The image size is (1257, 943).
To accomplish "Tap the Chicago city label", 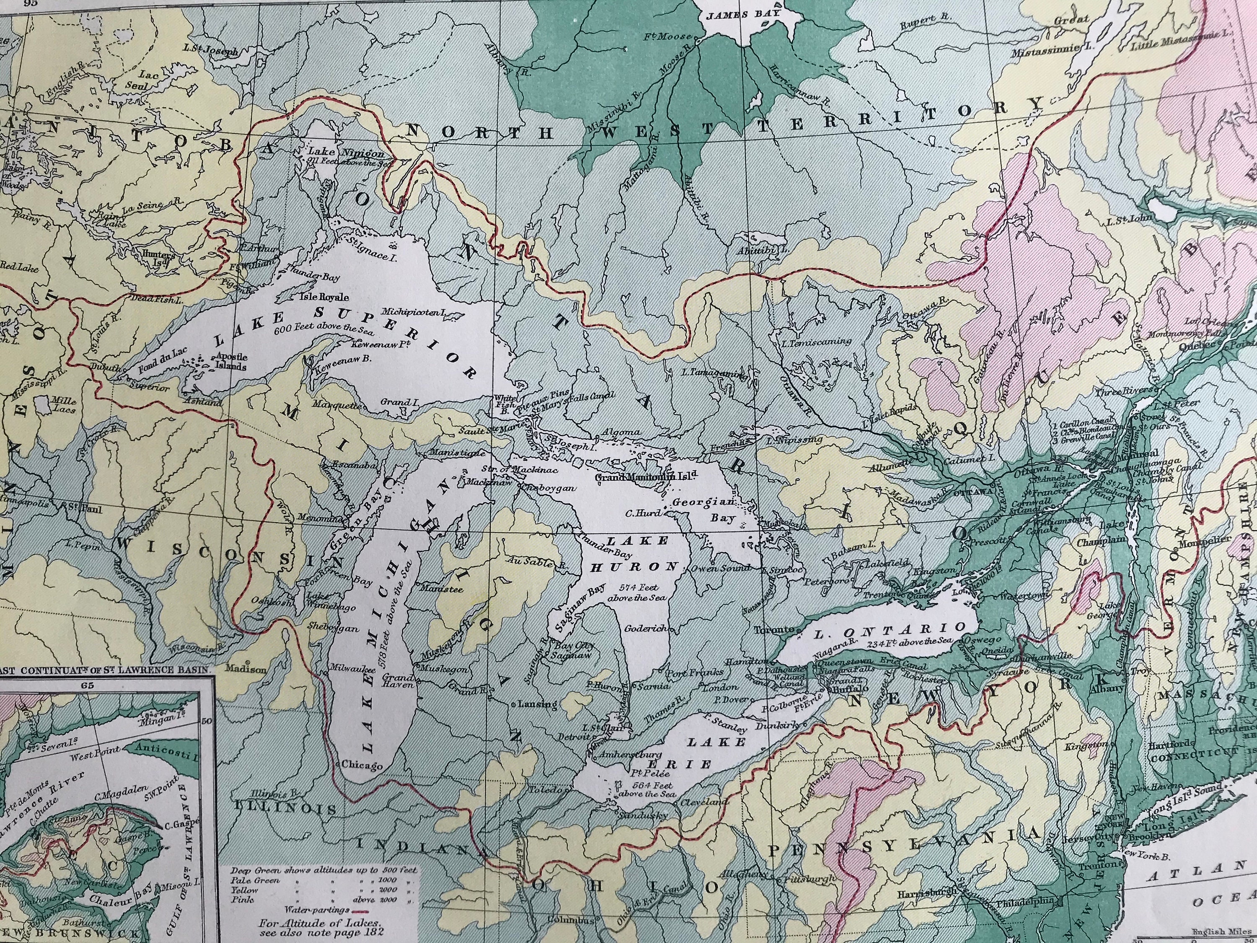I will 362,766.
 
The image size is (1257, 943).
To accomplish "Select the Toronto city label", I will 773,630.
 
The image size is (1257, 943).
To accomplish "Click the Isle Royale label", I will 323,297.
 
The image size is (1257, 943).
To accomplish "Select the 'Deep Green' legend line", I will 323,870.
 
